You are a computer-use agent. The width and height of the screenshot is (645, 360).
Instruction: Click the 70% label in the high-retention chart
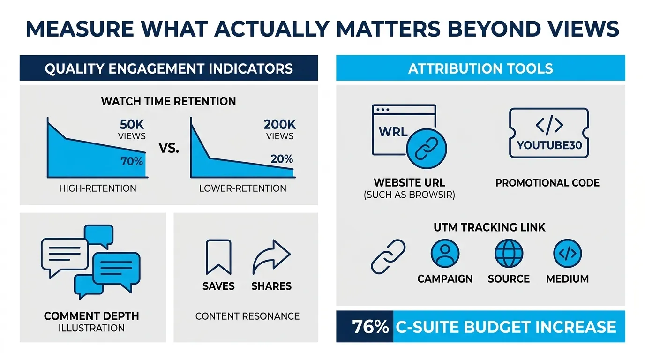(x=131, y=162)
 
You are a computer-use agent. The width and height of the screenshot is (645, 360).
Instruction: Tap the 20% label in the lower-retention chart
(x=282, y=158)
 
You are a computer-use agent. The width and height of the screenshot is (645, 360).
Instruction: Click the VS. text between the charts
(x=169, y=150)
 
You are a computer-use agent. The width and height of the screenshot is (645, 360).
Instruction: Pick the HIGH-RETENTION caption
(x=97, y=188)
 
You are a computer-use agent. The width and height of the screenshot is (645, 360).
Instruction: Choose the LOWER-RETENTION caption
(x=242, y=188)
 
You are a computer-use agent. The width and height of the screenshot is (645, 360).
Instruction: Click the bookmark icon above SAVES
(x=218, y=256)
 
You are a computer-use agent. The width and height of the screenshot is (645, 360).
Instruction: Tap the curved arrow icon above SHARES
(x=271, y=256)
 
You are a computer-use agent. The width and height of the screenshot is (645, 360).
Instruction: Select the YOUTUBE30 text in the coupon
(x=549, y=145)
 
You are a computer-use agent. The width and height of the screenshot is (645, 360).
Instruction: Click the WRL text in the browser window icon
(x=393, y=131)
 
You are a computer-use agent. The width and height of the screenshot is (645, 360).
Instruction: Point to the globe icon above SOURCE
(x=509, y=254)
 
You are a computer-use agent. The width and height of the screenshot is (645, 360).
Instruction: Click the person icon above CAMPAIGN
(x=445, y=254)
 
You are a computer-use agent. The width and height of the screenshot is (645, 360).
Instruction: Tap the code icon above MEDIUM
(x=567, y=254)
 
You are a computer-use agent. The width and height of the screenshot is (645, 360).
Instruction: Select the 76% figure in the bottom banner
(x=370, y=327)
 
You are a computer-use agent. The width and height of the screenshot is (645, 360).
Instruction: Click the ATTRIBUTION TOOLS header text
(x=480, y=69)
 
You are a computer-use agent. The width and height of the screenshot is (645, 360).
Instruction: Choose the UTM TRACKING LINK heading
(x=489, y=227)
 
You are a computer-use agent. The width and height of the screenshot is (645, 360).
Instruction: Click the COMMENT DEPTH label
(x=91, y=315)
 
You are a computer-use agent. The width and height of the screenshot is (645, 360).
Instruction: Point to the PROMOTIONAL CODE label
(x=547, y=182)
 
